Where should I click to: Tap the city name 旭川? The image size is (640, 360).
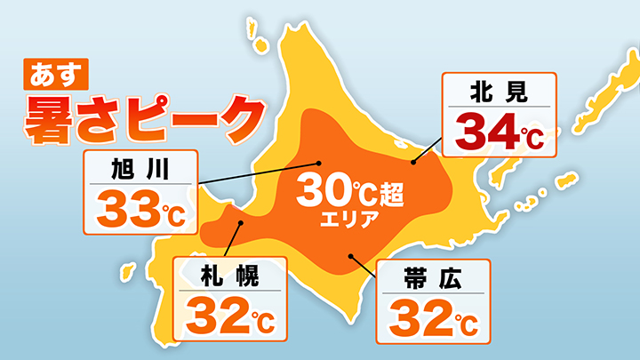point(139,167)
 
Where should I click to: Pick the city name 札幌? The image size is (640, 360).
point(230,276)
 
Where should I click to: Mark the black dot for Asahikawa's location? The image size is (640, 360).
point(320,163)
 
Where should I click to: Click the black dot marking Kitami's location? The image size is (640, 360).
point(414,163)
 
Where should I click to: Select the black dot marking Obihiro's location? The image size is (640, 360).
point(352,257)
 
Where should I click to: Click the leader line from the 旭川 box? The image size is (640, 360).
point(258,173)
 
